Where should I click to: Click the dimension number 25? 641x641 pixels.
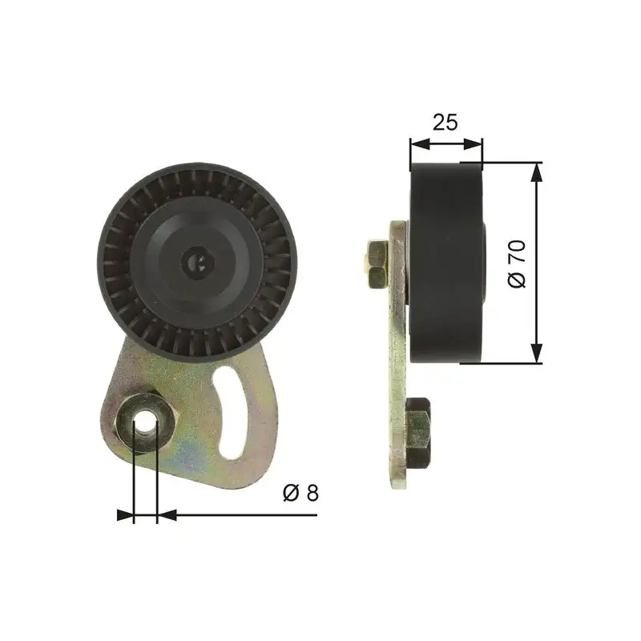pos(445,123)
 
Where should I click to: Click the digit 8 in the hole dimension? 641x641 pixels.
pos(312,493)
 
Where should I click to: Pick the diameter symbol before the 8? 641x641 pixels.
pos(291,493)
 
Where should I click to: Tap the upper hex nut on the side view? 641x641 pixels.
pos(377,263)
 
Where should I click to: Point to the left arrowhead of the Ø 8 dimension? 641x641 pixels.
pos(125,515)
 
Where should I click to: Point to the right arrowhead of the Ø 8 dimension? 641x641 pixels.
pos(166,515)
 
